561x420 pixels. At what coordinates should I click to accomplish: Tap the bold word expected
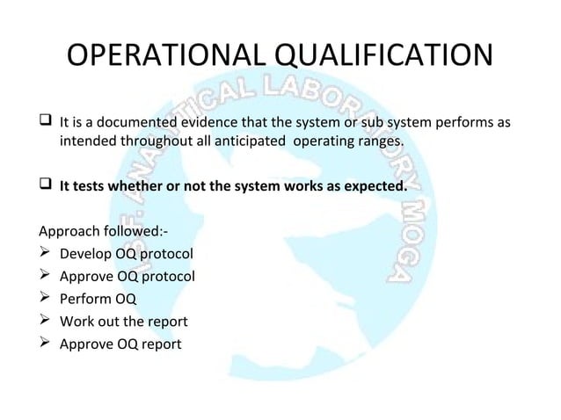coord(375,186)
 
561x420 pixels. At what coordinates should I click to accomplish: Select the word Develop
coord(88,255)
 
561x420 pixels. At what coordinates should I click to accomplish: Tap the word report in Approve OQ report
coord(159,344)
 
